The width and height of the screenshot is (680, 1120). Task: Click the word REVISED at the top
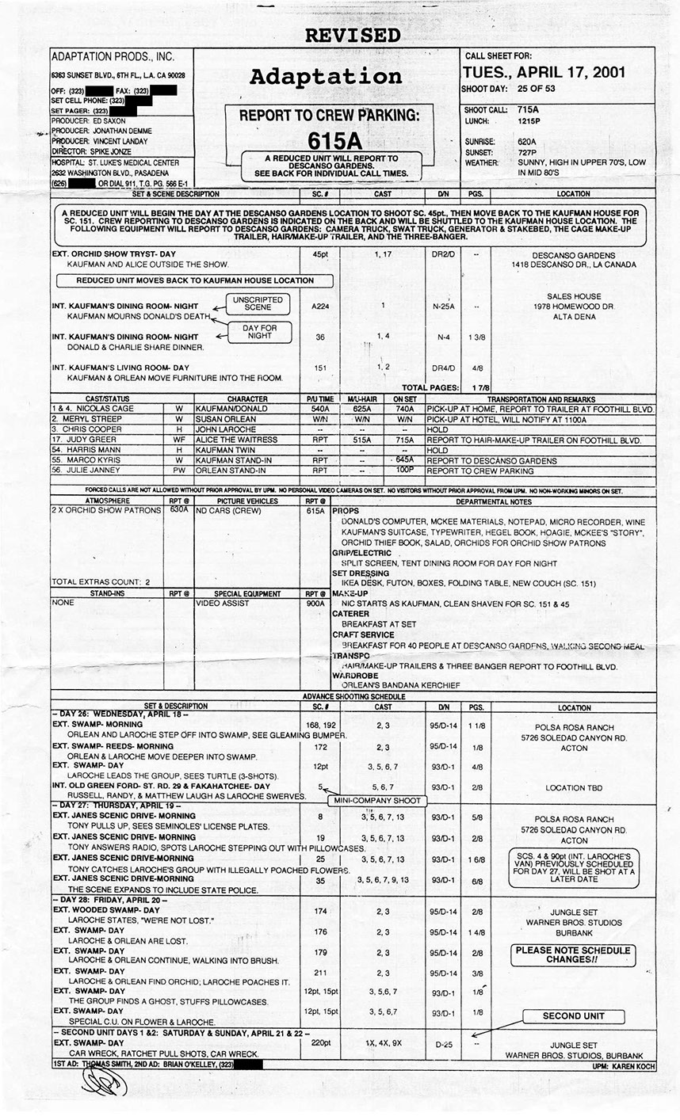click(353, 36)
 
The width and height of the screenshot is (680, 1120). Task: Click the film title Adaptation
click(326, 77)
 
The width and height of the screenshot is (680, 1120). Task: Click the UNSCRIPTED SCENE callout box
click(252, 303)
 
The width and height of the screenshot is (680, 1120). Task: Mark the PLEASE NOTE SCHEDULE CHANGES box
click(573, 954)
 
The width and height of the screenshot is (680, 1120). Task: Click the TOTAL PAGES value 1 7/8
click(478, 387)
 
